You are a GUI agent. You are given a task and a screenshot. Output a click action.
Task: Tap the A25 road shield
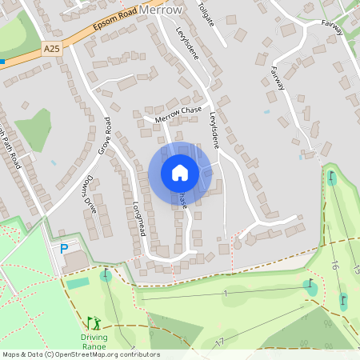(52, 49)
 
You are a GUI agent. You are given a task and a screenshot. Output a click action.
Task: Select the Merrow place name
(160, 10)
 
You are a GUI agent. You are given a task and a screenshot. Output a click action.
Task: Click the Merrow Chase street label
(179, 114)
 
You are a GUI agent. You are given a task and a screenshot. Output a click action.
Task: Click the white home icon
(180, 172)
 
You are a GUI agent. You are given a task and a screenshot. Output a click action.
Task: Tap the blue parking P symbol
(64, 249)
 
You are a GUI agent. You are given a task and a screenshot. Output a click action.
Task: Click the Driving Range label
(94, 342)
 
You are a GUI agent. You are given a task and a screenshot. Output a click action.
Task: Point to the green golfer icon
(94, 323)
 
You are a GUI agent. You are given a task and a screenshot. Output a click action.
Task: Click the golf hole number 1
(226, 294)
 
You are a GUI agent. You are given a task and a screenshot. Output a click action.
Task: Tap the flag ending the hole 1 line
(310, 284)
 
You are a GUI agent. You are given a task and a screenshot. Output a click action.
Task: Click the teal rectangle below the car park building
(78, 283)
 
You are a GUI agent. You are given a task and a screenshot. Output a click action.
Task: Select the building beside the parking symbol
(77, 261)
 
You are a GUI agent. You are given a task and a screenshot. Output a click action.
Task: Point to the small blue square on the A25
(2, 60)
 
